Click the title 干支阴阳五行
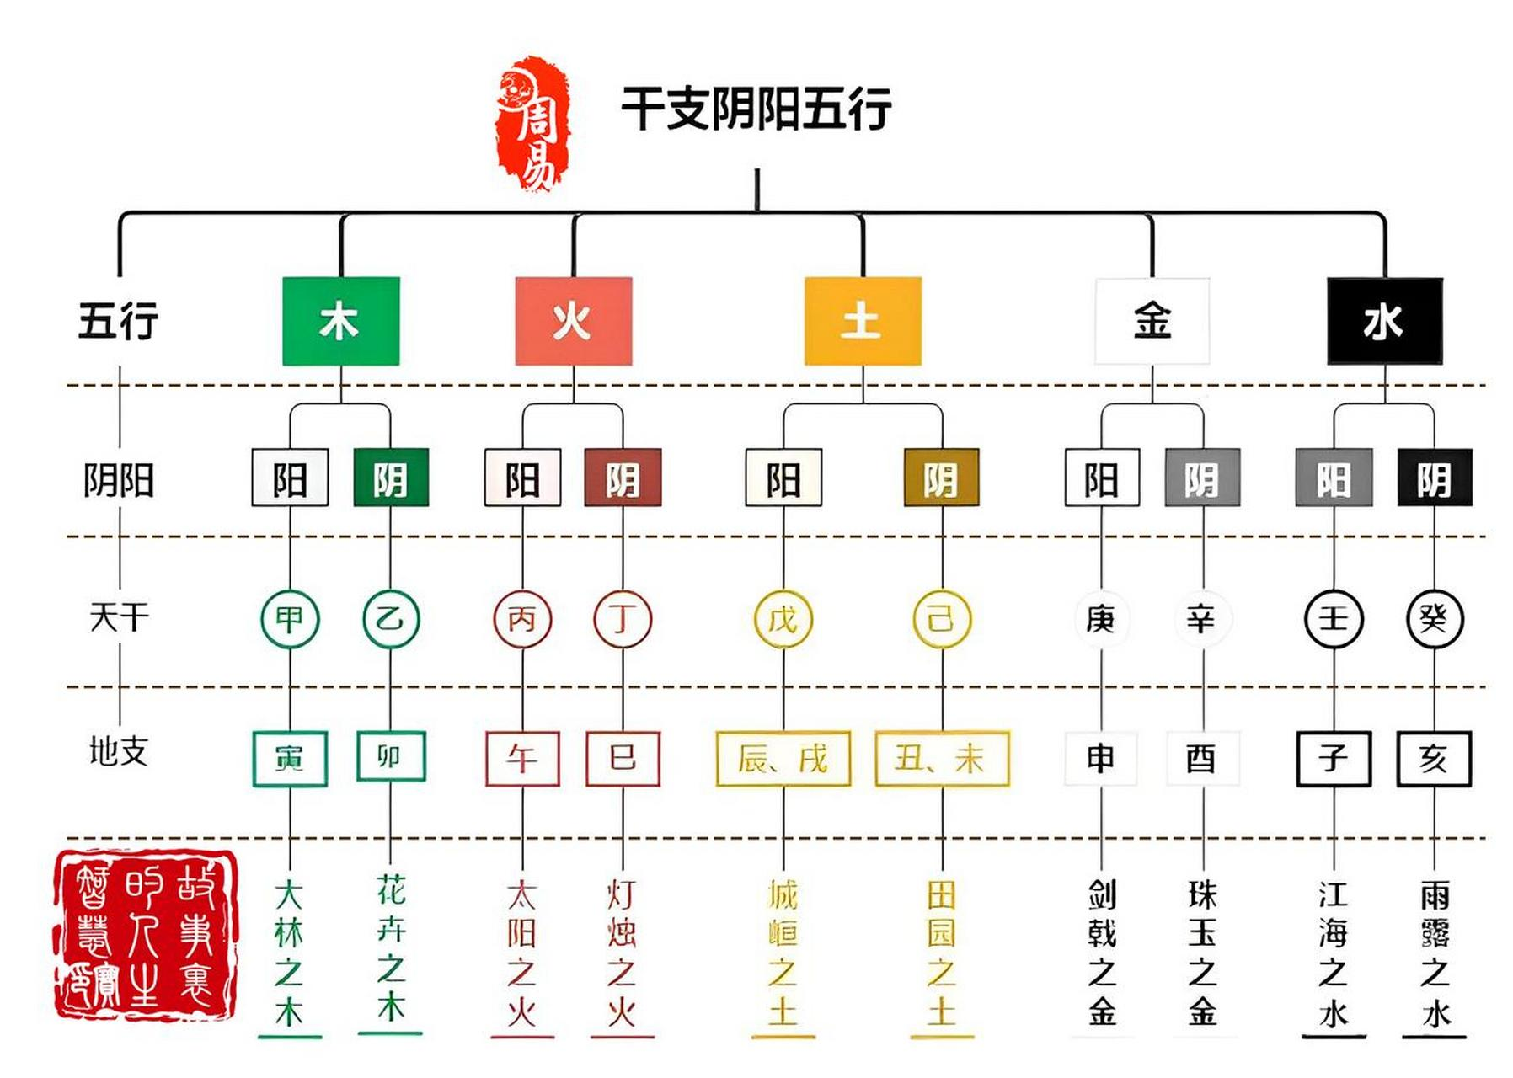pos(756,108)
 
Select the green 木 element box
pos(340,321)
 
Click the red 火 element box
pos(573,321)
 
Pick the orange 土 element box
pos(862,321)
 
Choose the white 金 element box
pos(1152,321)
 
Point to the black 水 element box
pos(1384,321)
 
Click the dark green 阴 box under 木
pos(390,478)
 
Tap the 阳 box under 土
pos(783,478)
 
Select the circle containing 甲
pos(290,619)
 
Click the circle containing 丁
pos(623,619)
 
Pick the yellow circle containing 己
pos(941,619)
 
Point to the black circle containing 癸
pos(1434,619)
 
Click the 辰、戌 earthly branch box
pos(783,759)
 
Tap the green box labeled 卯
pos(390,756)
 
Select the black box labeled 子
pos(1334,759)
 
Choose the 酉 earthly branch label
pos(1201,759)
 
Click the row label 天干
pos(119,617)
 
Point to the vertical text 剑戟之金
pos(1101,952)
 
